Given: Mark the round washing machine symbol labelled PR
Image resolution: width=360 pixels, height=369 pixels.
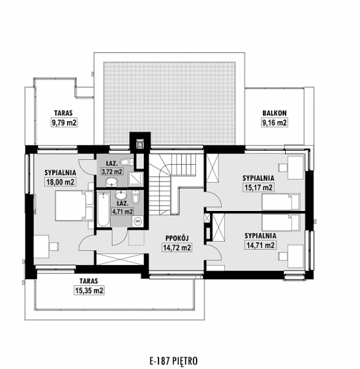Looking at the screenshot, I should tap(137, 220).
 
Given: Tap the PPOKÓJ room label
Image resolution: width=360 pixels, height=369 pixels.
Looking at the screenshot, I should tap(177, 238).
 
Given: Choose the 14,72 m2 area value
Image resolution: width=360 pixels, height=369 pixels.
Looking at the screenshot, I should tap(177, 247).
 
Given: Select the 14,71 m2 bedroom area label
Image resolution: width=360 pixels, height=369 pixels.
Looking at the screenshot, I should tap(260, 245).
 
